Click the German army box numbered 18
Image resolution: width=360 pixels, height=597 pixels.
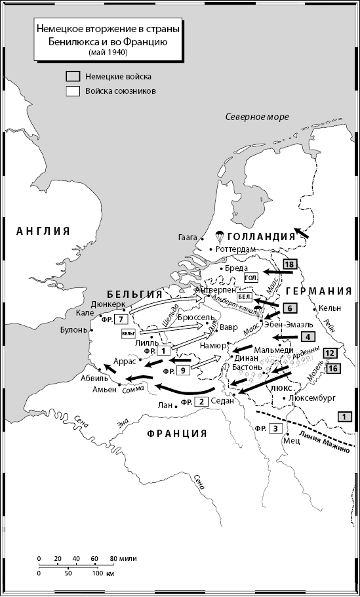pyautogui.click(x=289, y=264)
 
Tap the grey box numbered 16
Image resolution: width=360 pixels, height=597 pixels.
pyautogui.click(x=332, y=369)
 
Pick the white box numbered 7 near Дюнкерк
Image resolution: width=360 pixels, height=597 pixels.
pyautogui.click(x=119, y=319)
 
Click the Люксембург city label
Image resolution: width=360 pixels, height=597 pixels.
pyautogui.click(x=311, y=398)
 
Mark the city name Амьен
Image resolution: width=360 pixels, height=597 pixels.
pyautogui.click(x=104, y=389)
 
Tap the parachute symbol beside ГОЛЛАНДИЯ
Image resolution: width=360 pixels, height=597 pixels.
pyautogui.click(x=220, y=236)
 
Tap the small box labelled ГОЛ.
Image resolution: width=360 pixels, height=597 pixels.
pyautogui.click(x=250, y=278)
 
